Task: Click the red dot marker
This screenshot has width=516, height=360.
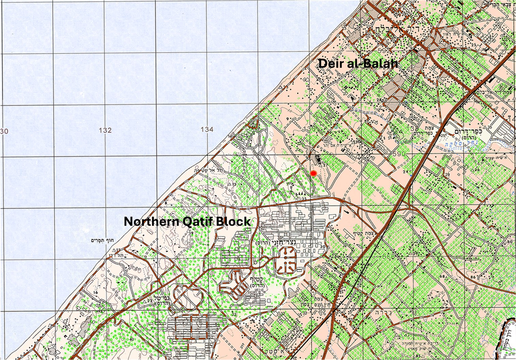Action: [314, 173]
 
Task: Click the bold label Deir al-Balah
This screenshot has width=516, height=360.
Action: [358, 63]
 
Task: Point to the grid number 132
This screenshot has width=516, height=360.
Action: [105, 130]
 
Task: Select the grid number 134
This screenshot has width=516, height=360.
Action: [207, 130]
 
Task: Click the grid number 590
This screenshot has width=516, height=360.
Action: [399, 154]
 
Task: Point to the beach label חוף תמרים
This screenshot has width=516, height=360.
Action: [101, 240]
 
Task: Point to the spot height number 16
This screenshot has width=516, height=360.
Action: [95, 292]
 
